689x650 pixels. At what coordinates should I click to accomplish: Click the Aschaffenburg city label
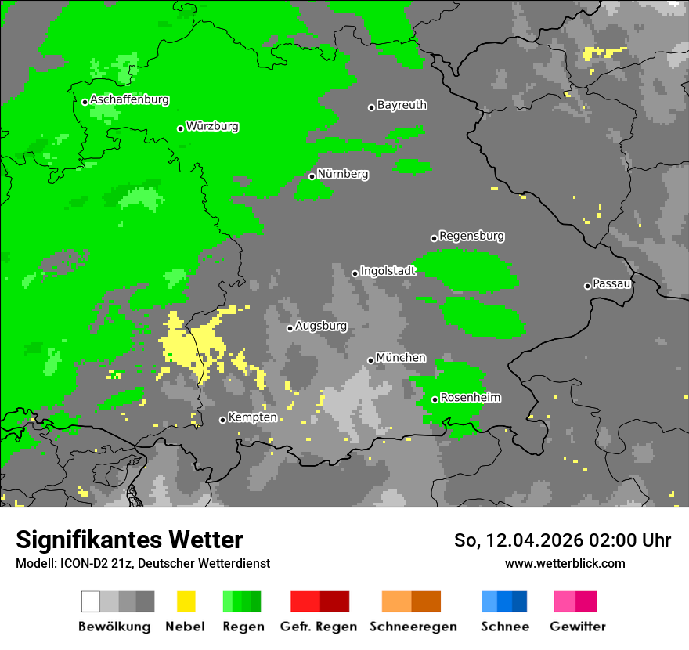(129, 99)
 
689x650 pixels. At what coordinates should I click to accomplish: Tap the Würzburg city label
(212, 126)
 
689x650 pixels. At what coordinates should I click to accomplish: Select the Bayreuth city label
(402, 105)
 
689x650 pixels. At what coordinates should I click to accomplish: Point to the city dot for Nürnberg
(312, 176)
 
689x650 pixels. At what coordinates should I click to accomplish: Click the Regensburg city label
(471, 236)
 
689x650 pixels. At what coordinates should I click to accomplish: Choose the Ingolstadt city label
(388, 271)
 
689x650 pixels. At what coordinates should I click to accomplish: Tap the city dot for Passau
(587, 286)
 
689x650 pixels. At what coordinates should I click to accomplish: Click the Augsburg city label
(321, 326)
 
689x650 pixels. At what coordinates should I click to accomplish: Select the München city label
(401, 358)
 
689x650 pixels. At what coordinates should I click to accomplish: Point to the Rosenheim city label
(470, 398)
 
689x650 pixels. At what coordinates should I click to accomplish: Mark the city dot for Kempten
(222, 420)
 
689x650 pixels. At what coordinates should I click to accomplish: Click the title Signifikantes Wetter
(129, 540)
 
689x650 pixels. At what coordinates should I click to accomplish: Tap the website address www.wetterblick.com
(565, 563)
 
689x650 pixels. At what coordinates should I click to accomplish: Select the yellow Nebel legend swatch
(186, 601)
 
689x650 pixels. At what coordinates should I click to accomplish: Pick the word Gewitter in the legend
(578, 627)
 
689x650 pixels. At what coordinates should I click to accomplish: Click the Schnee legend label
(505, 627)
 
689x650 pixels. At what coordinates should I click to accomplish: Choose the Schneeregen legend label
(412, 627)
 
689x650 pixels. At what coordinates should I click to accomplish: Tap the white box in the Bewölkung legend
(91, 601)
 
